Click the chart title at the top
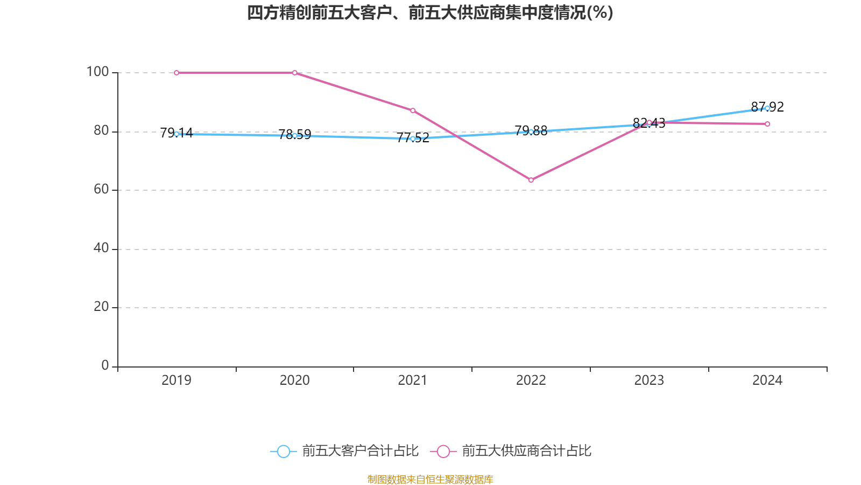430,13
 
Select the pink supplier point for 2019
177,73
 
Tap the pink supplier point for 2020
295,73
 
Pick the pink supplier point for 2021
413,110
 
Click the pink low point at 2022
531,180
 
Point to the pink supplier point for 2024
767,124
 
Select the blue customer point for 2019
177,134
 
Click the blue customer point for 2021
413,138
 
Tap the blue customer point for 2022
531,131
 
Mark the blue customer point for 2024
767,108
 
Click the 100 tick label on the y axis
97,72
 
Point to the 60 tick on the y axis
101,189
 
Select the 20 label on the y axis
101,307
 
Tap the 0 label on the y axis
105,365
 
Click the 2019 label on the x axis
177,380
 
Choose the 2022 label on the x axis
531,380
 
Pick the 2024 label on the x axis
767,380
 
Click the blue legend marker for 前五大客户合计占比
284,451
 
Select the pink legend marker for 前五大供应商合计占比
443,451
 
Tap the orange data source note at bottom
430,479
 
